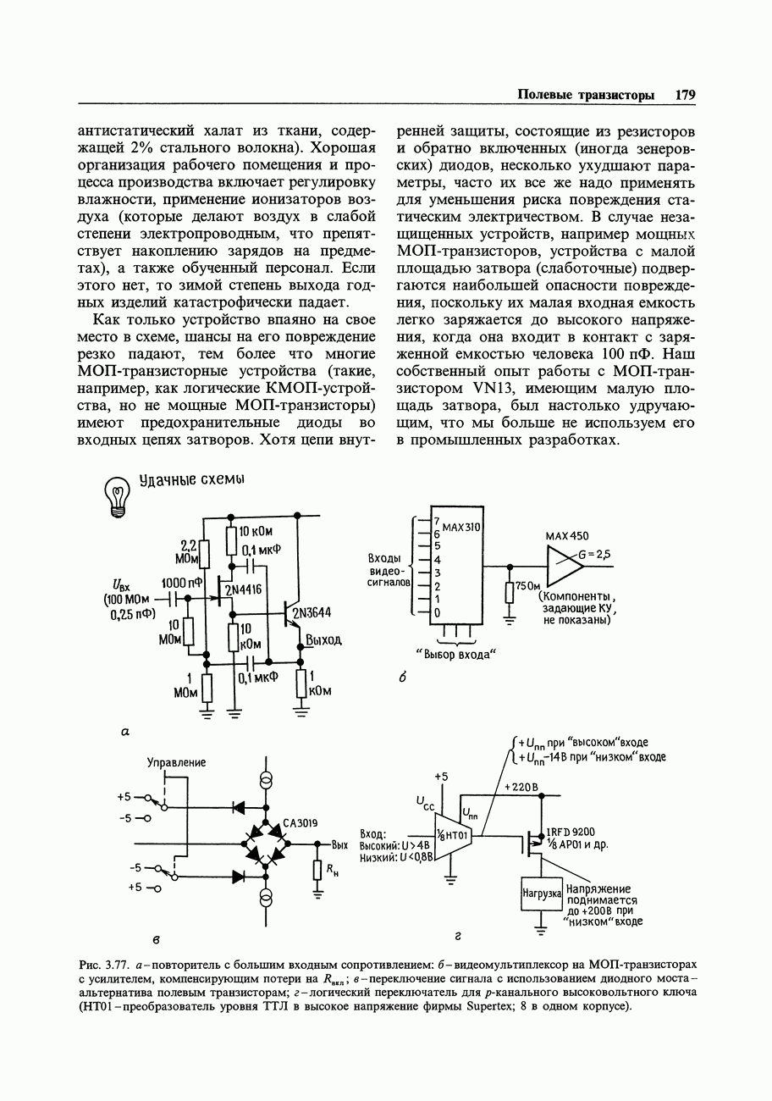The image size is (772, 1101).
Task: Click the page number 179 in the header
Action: (x=685, y=96)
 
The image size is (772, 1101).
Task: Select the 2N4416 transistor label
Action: (x=243, y=589)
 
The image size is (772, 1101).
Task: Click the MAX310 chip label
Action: (x=461, y=527)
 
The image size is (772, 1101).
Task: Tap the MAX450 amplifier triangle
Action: (x=559, y=566)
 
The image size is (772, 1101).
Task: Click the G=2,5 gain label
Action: (x=596, y=555)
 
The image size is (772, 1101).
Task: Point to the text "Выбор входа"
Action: (x=454, y=655)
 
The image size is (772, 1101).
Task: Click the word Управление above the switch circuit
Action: (x=176, y=762)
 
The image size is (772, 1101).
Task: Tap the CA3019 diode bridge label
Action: (x=301, y=822)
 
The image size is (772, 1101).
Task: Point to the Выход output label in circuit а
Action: (x=323, y=640)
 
